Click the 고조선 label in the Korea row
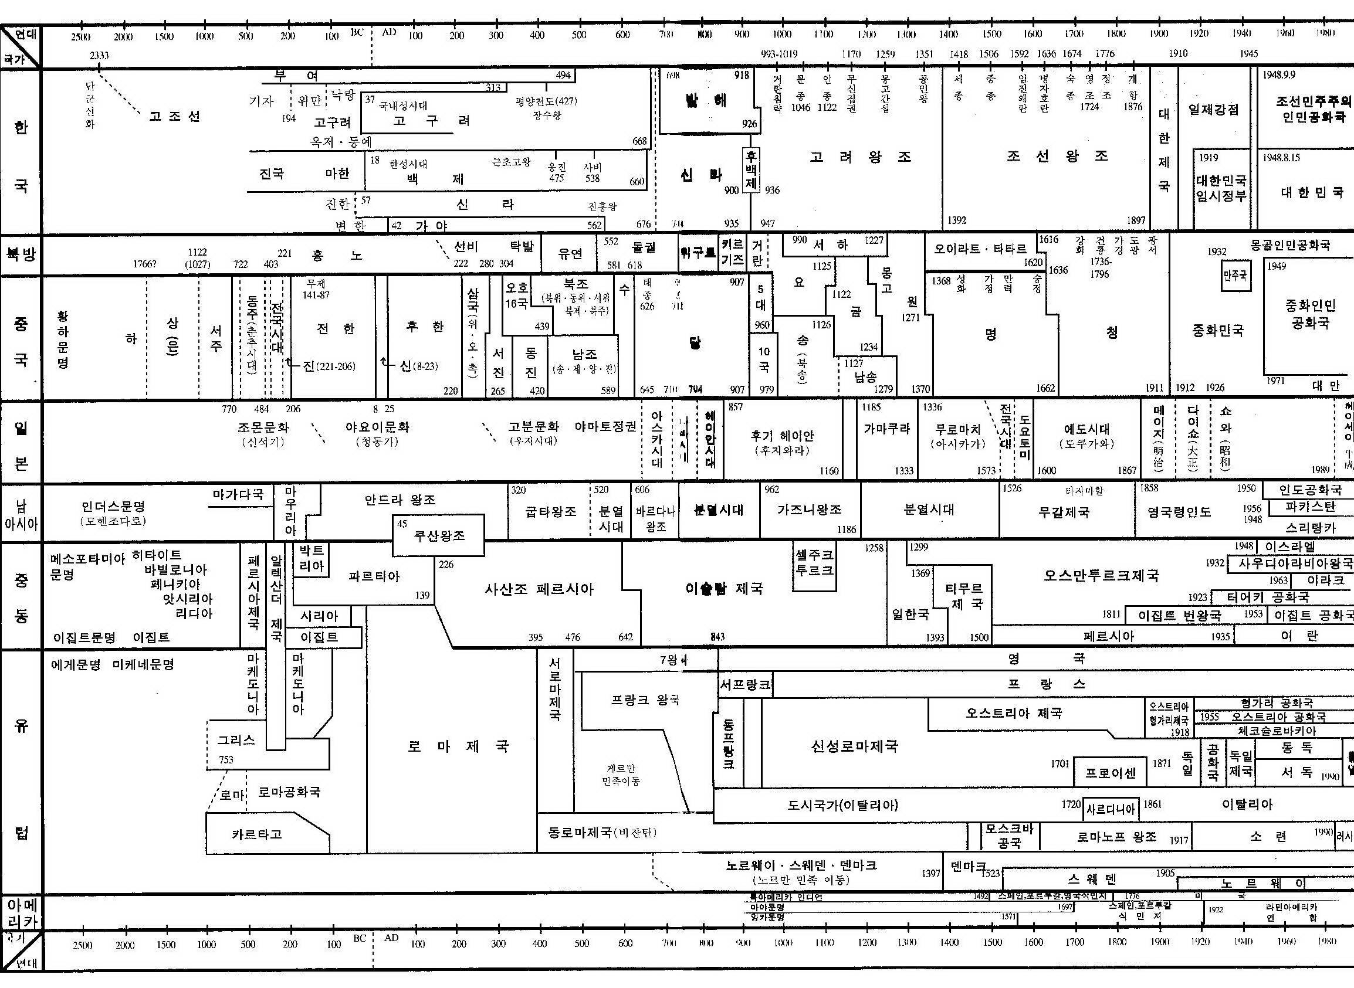coord(174,116)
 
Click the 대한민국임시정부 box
coord(1221,188)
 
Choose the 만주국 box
coord(1235,276)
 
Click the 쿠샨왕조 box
coord(439,536)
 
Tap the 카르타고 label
coord(257,834)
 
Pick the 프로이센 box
coord(1109,773)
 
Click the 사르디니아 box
coord(1110,810)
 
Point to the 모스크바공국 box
coord(1010,836)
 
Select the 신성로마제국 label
coord(854,746)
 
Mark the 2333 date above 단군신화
coord(99,56)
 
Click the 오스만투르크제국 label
coord(1101,575)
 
